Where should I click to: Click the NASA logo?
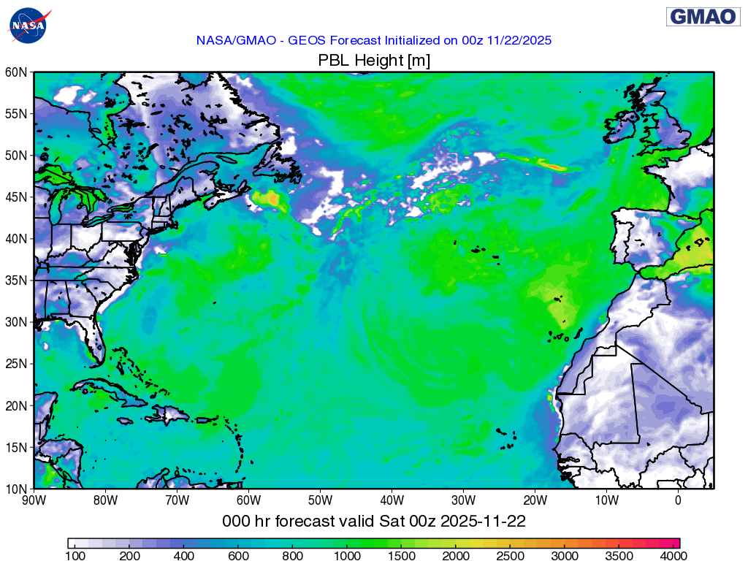tap(29, 25)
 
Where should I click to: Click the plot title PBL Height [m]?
tap(374, 61)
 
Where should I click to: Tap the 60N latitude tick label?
tap(17, 72)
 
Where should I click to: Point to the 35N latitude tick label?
tap(17, 280)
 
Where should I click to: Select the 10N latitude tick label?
tap(17, 488)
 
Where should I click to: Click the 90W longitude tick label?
tap(34, 500)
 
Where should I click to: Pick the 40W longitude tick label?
tap(392, 500)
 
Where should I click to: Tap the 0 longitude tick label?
tap(678, 500)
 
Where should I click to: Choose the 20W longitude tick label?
tap(535, 500)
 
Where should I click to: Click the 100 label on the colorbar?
tap(75, 557)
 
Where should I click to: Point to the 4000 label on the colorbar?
tap(672, 557)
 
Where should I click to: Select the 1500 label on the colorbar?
tap(401, 557)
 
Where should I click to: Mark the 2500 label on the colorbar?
tap(511, 557)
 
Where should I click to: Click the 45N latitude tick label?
tap(17, 197)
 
